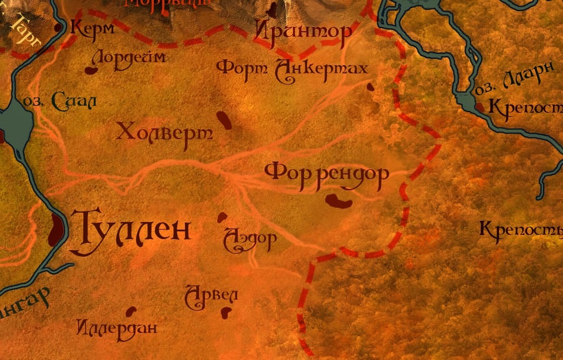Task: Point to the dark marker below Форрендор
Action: (339, 201)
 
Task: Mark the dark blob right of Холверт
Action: (224, 119)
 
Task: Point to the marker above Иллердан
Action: (130, 311)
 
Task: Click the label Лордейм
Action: (128, 58)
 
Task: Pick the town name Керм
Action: (92, 28)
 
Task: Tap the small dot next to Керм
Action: (59, 28)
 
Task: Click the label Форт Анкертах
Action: (292, 69)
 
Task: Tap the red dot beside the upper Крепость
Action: (480, 107)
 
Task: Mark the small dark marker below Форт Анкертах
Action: (370, 87)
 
